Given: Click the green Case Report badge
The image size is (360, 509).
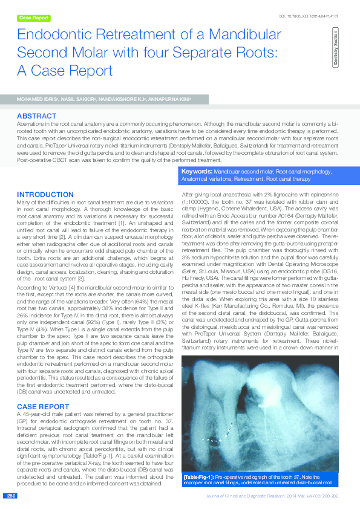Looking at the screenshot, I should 34,18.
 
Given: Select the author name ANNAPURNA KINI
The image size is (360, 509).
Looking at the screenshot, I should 171,99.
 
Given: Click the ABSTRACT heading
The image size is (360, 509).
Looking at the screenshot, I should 36,115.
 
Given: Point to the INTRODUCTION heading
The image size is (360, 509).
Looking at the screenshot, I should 45,194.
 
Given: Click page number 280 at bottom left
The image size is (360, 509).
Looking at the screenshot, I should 11,496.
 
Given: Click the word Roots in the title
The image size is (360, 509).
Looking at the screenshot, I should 250,52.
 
